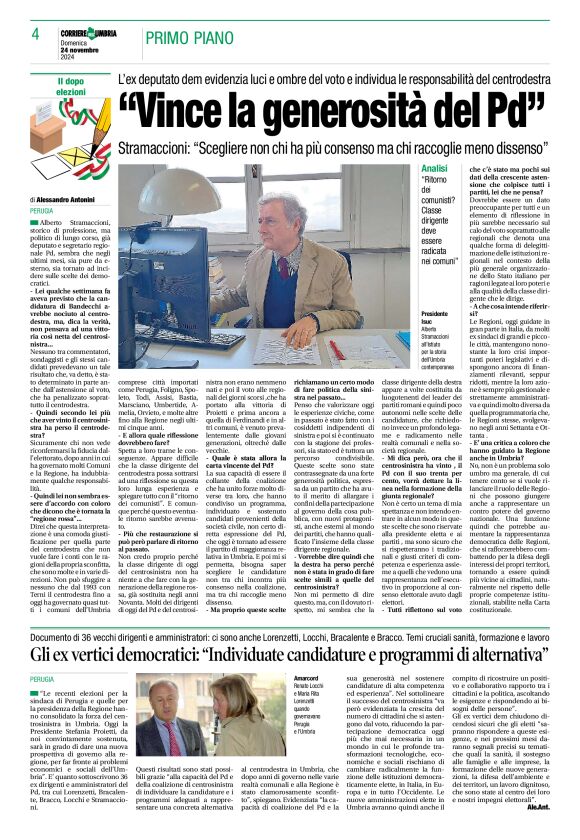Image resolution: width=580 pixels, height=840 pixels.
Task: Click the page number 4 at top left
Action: pyautogui.click(x=21, y=34)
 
